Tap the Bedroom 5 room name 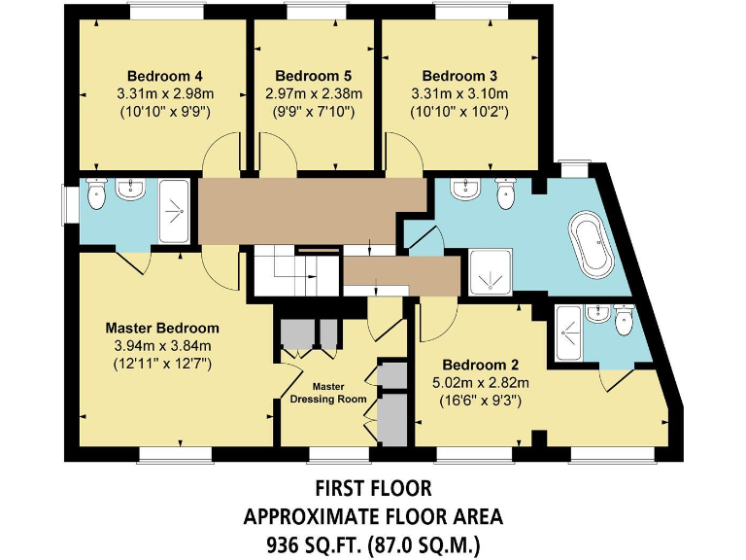click(x=313, y=76)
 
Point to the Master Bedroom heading click(x=162, y=328)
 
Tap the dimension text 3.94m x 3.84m click(x=162, y=345)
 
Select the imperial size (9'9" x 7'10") click(x=313, y=112)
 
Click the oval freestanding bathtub click(x=591, y=243)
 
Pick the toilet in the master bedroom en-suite click(x=96, y=196)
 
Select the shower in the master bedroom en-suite click(x=175, y=208)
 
